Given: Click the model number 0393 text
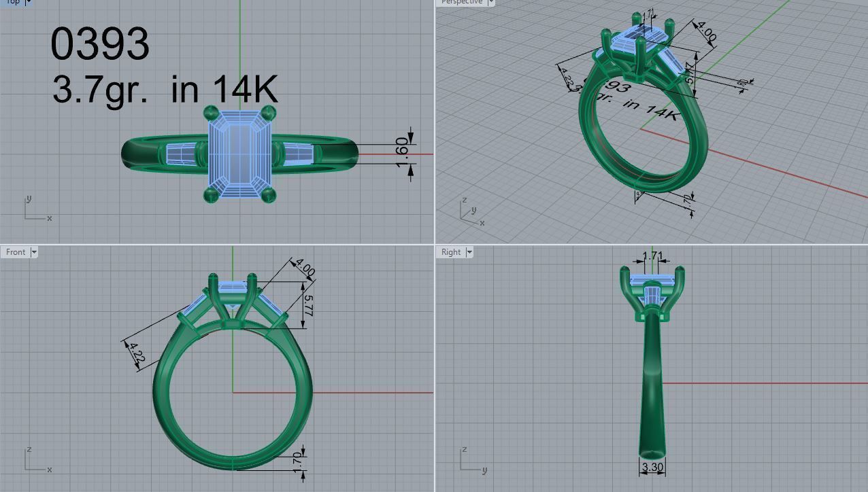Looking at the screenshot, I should [x=100, y=44].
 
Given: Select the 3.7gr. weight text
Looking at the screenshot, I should [x=99, y=90].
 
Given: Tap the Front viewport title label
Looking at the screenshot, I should [x=15, y=252].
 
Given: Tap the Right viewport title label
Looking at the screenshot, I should [x=450, y=252].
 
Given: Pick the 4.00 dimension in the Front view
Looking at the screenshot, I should [x=304, y=268].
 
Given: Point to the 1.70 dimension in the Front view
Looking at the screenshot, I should [x=297, y=459].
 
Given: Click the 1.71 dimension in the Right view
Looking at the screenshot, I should [x=652, y=257].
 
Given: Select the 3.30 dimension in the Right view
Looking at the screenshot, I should [x=652, y=467].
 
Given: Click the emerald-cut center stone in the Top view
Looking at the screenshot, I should [x=239, y=152].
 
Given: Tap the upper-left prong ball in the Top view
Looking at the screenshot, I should [x=211, y=113].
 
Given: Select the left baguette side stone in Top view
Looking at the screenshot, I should [x=181, y=154].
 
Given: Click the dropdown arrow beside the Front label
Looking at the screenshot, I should [x=34, y=252].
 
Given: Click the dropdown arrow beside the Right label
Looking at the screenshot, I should [x=468, y=252].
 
